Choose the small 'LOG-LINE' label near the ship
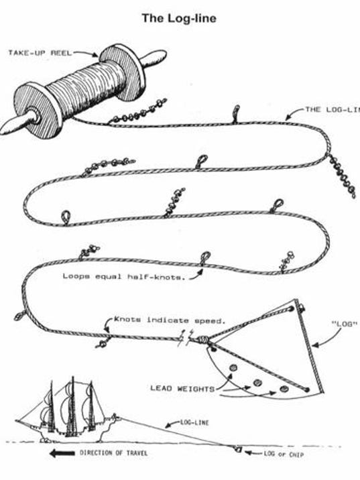pyautogui.click(x=194, y=423)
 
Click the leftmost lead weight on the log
pyautogui.click(x=233, y=367)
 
